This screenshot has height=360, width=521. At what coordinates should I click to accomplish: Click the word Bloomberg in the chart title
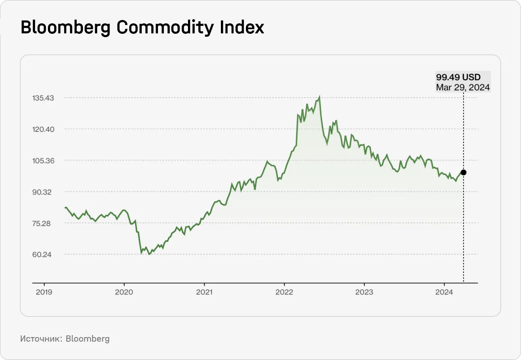[x=66, y=28]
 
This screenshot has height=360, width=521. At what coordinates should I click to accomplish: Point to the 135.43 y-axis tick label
[x=44, y=98]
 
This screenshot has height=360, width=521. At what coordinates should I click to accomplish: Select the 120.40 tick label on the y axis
[x=44, y=129]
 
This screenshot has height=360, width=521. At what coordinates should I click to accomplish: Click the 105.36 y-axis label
[x=44, y=161]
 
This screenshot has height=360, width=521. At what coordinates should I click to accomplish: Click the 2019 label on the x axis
[x=44, y=292]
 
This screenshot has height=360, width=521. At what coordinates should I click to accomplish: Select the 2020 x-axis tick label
[x=124, y=292]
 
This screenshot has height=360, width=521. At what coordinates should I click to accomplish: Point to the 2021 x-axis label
[x=204, y=292]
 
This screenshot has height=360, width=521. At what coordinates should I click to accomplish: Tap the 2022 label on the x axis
[x=284, y=292]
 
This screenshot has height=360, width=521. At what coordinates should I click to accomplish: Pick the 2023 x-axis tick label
[x=364, y=292]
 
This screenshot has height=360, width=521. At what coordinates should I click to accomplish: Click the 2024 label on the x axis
[x=444, y=292]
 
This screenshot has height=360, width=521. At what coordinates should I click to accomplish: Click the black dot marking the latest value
[x=463, y=172]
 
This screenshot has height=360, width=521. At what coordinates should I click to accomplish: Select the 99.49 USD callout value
[x=458, y=77]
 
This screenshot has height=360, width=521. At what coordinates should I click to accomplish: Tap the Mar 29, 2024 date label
[x=463, y=87]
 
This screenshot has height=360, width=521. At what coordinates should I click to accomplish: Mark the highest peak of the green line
[x=319, y=97]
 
